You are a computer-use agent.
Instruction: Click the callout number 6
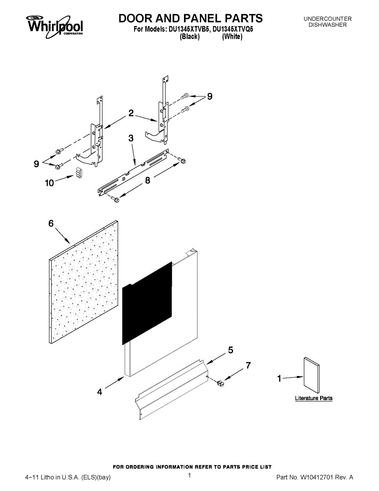click(51, 223)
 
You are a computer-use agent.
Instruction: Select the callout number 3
click(131, 139)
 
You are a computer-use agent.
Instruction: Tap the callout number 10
click(49, 183)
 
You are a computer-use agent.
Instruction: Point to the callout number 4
click(100, 392)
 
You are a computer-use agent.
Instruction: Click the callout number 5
click(231, 350)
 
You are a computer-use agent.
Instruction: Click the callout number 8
click(147, 180)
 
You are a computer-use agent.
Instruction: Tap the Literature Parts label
click(314, 398)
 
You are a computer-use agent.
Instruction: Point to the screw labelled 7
click(221, 383)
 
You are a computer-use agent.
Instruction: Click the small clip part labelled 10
click(79, 173)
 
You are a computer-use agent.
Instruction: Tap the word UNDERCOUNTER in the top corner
click(327, 19)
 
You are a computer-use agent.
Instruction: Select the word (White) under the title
click(232, 37)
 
